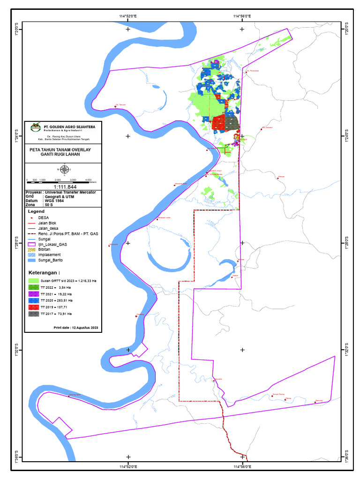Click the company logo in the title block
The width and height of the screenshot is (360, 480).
35,127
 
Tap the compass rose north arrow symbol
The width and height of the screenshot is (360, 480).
64,169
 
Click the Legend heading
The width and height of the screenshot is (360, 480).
36,212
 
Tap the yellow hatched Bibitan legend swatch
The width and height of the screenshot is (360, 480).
32,249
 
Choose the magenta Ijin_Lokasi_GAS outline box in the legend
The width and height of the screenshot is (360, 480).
32,244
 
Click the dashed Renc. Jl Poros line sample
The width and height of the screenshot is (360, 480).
32,233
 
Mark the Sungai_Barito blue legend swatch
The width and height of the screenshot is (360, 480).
32,260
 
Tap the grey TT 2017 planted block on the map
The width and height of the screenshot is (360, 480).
232,123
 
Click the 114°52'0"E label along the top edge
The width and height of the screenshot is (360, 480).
127,16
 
